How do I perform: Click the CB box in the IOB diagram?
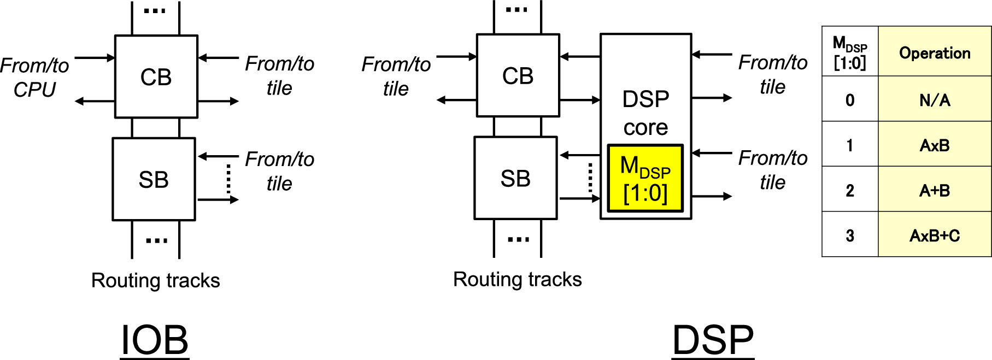156,77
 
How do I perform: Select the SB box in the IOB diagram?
154,179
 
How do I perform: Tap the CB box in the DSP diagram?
518,76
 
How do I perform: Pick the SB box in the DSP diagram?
515,178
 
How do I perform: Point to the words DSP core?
645,113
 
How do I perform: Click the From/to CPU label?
34,77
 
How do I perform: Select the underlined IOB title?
155,340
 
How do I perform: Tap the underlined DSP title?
713,340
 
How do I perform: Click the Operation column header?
935,53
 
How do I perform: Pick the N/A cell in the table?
935,100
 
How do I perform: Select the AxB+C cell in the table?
935,235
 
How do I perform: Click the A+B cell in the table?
935,190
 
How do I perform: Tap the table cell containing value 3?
850,235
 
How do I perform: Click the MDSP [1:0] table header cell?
850,52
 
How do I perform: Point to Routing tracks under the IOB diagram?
155,280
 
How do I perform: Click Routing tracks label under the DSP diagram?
517,279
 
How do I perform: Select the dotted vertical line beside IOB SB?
228,179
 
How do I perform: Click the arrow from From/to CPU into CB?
95,57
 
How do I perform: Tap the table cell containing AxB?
935,145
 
